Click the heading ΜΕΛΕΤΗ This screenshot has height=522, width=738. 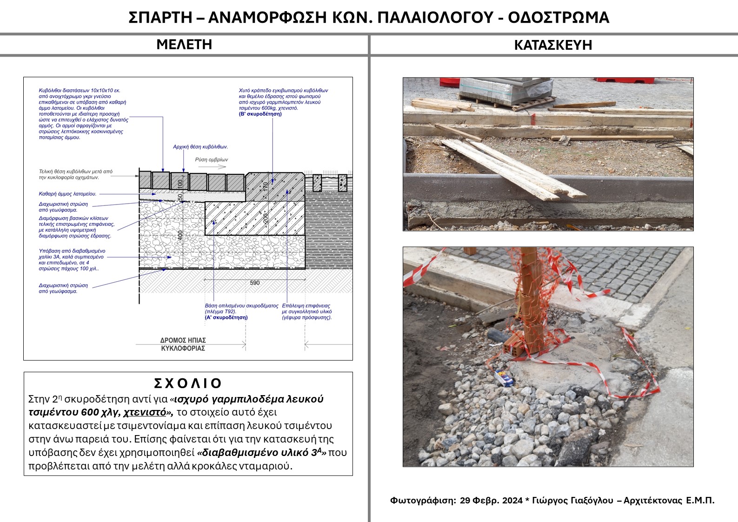[x=184, y=45]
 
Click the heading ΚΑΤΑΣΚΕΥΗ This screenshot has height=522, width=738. [x=553, y=45]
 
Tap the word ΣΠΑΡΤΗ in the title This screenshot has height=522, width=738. [x=160, y=18]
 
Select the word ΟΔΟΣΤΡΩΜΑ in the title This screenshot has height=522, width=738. [x=558, y=18]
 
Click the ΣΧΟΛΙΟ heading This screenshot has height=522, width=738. [x=188, y=383]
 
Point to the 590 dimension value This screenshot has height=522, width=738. [x=255, y=283]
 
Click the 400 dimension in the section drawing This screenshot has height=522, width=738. [x=180, y=235]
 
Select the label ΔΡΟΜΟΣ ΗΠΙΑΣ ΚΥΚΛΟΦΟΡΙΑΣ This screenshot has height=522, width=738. [x=183, y=344]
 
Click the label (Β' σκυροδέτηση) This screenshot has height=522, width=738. [x=260, y=114]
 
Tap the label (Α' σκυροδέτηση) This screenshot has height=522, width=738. [x=226, y=317]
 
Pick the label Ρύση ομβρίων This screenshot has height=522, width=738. [x=212, y=159]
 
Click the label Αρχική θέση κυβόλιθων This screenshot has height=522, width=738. [x=200, y=147]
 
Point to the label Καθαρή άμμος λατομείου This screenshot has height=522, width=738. [x=67, y=194]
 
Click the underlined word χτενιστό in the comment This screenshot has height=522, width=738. [x=145, y=412]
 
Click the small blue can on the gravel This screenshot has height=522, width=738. [x=503, y=378]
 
